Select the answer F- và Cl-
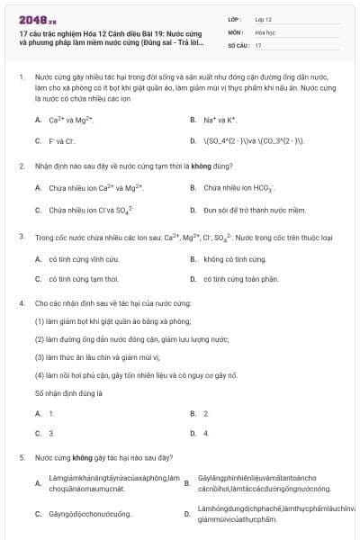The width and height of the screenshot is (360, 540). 64,141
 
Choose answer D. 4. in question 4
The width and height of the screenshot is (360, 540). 206,433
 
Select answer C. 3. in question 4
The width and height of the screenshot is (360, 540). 51,433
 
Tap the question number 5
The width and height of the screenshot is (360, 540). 21,457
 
